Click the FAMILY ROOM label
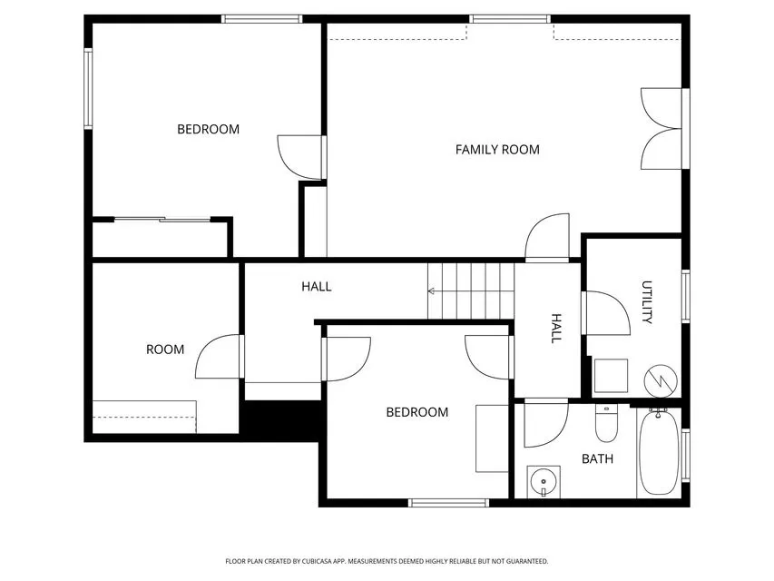click(x=497, y=150)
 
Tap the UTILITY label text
click(x=648, y=302)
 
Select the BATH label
click(x=597, y=458)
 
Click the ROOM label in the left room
click(x=165, y=350)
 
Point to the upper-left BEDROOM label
click(x=208, y=129)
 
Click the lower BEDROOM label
click(x=417, y=412)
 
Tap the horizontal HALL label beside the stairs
click(x=317, y=287)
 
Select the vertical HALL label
click(x=556, y=328)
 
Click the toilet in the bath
click(x=606, y=423)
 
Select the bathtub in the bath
click(x=658, y=451)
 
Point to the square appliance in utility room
click(x=612, y=376)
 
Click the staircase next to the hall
click(x=471, y=290)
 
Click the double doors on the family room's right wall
click(x=662, y=128)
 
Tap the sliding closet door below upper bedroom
click(x=162, y=219)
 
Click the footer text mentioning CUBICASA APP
click(x=387, y=561)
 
